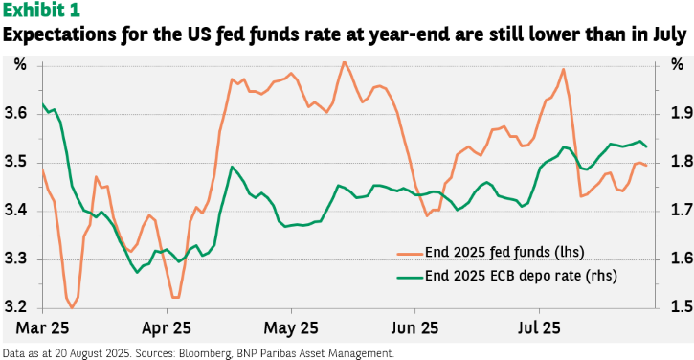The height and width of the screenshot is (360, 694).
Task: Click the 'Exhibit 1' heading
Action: (x=41, y=11)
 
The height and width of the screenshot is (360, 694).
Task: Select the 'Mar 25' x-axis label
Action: (x=43, y=328)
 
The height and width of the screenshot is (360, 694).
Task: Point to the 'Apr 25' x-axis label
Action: (x=167, y=328)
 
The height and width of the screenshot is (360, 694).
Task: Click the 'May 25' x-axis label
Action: (x=291, y=328)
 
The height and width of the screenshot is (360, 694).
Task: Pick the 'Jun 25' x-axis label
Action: (x=415, y=328)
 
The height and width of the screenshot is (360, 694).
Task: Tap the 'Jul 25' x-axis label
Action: (x=540, y=328)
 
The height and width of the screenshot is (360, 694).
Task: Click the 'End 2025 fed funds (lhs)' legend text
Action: (x=504, y=252)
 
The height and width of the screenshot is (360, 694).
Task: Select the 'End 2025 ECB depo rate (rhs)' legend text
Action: (x=521, y=276)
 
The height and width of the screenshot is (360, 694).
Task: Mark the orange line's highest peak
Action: (x=345, y=62)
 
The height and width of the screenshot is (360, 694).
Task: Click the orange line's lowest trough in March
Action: (x=72, y=307)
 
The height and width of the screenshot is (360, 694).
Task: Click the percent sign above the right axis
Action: (x=677, y=65)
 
